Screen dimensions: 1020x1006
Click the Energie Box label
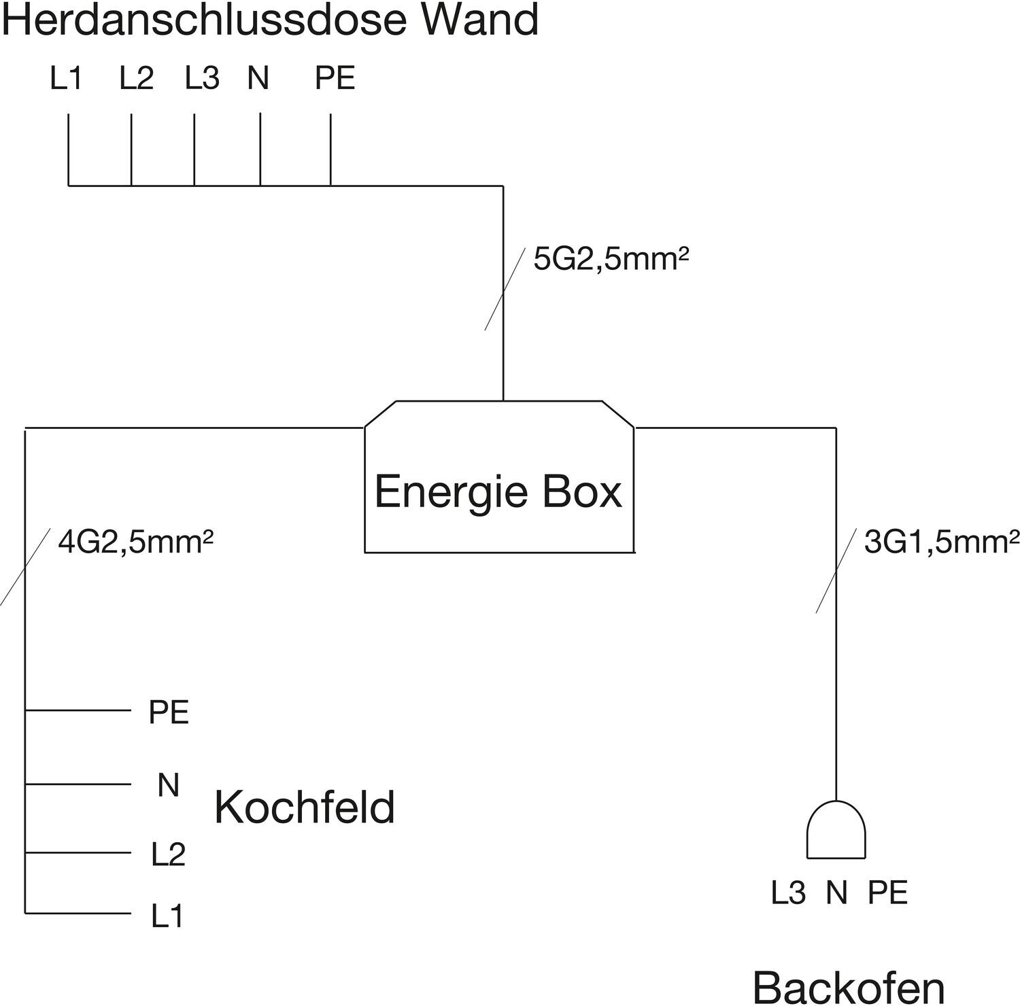pyautogui.click(x=498, y=491)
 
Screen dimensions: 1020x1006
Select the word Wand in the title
pyautogui.click(x=481, y=19)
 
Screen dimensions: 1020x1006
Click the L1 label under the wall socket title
pyautogui.click(x=67, y=79)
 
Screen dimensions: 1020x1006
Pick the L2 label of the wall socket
pyautogui.click(x=137, y=79)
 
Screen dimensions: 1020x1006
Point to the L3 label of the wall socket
pyautogui.click(x=203, y=79)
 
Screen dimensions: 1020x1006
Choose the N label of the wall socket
pyautogui.click(x=258, y=79)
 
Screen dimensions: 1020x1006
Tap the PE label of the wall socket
pyautogui.click(x=335, y=79)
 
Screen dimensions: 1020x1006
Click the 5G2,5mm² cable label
pyautogui.click(x=611, y=259)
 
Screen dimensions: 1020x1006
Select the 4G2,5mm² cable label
pyautogui.click(x=136, y=542)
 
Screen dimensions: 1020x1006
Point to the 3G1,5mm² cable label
pyautogui.click(x=942, y=542)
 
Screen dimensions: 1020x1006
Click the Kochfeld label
pyautogui.click(x=305, y=807)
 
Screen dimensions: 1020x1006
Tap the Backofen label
pyautogui.click(x=849, y=987)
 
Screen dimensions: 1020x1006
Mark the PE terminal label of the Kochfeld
pyautogui.click(x=169, y=712)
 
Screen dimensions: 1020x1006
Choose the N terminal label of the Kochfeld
pyautogui.click(x=168, y=785)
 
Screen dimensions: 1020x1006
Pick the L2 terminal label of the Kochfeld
pyautogui.click(x=168, y=854)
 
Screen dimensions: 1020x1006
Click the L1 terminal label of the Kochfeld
pyautogui.click(x=167, y=917)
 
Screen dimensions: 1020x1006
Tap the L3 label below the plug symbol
pyautogui.click(x=788, y=892)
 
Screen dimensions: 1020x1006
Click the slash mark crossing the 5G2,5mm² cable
pyautogui.click(x=504, y=289)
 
